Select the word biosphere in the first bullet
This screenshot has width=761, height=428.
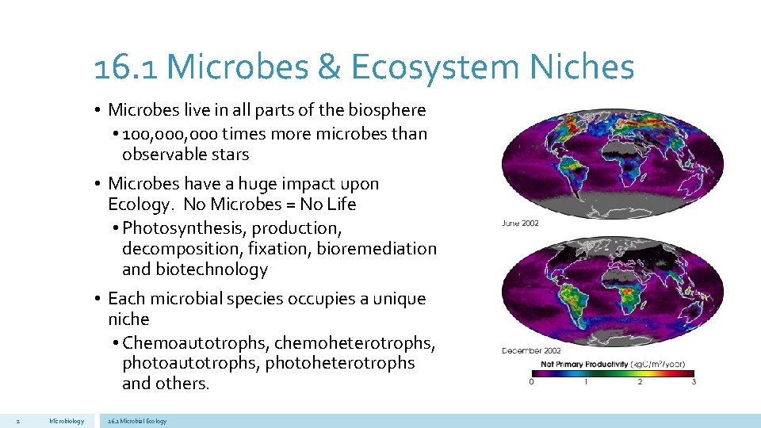click(x=386, y=109)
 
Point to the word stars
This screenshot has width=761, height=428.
click(x=227, y=155)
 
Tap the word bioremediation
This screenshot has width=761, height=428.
click(x=377, y=249)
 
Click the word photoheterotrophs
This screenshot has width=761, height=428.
click(x=340, y=363)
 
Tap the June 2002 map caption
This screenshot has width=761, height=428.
click(x=520, y=223)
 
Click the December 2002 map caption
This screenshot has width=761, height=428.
click(x=531, y=350)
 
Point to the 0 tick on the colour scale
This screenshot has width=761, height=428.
click(x=531, y=382)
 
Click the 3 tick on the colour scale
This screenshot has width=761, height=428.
click(x=694, y=382)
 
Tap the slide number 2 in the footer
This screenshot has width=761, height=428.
click(x=17, y=421)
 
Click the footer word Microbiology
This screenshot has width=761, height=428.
click(x=66, y=421)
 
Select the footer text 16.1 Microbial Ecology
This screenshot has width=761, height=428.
click(x=137, y=421)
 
